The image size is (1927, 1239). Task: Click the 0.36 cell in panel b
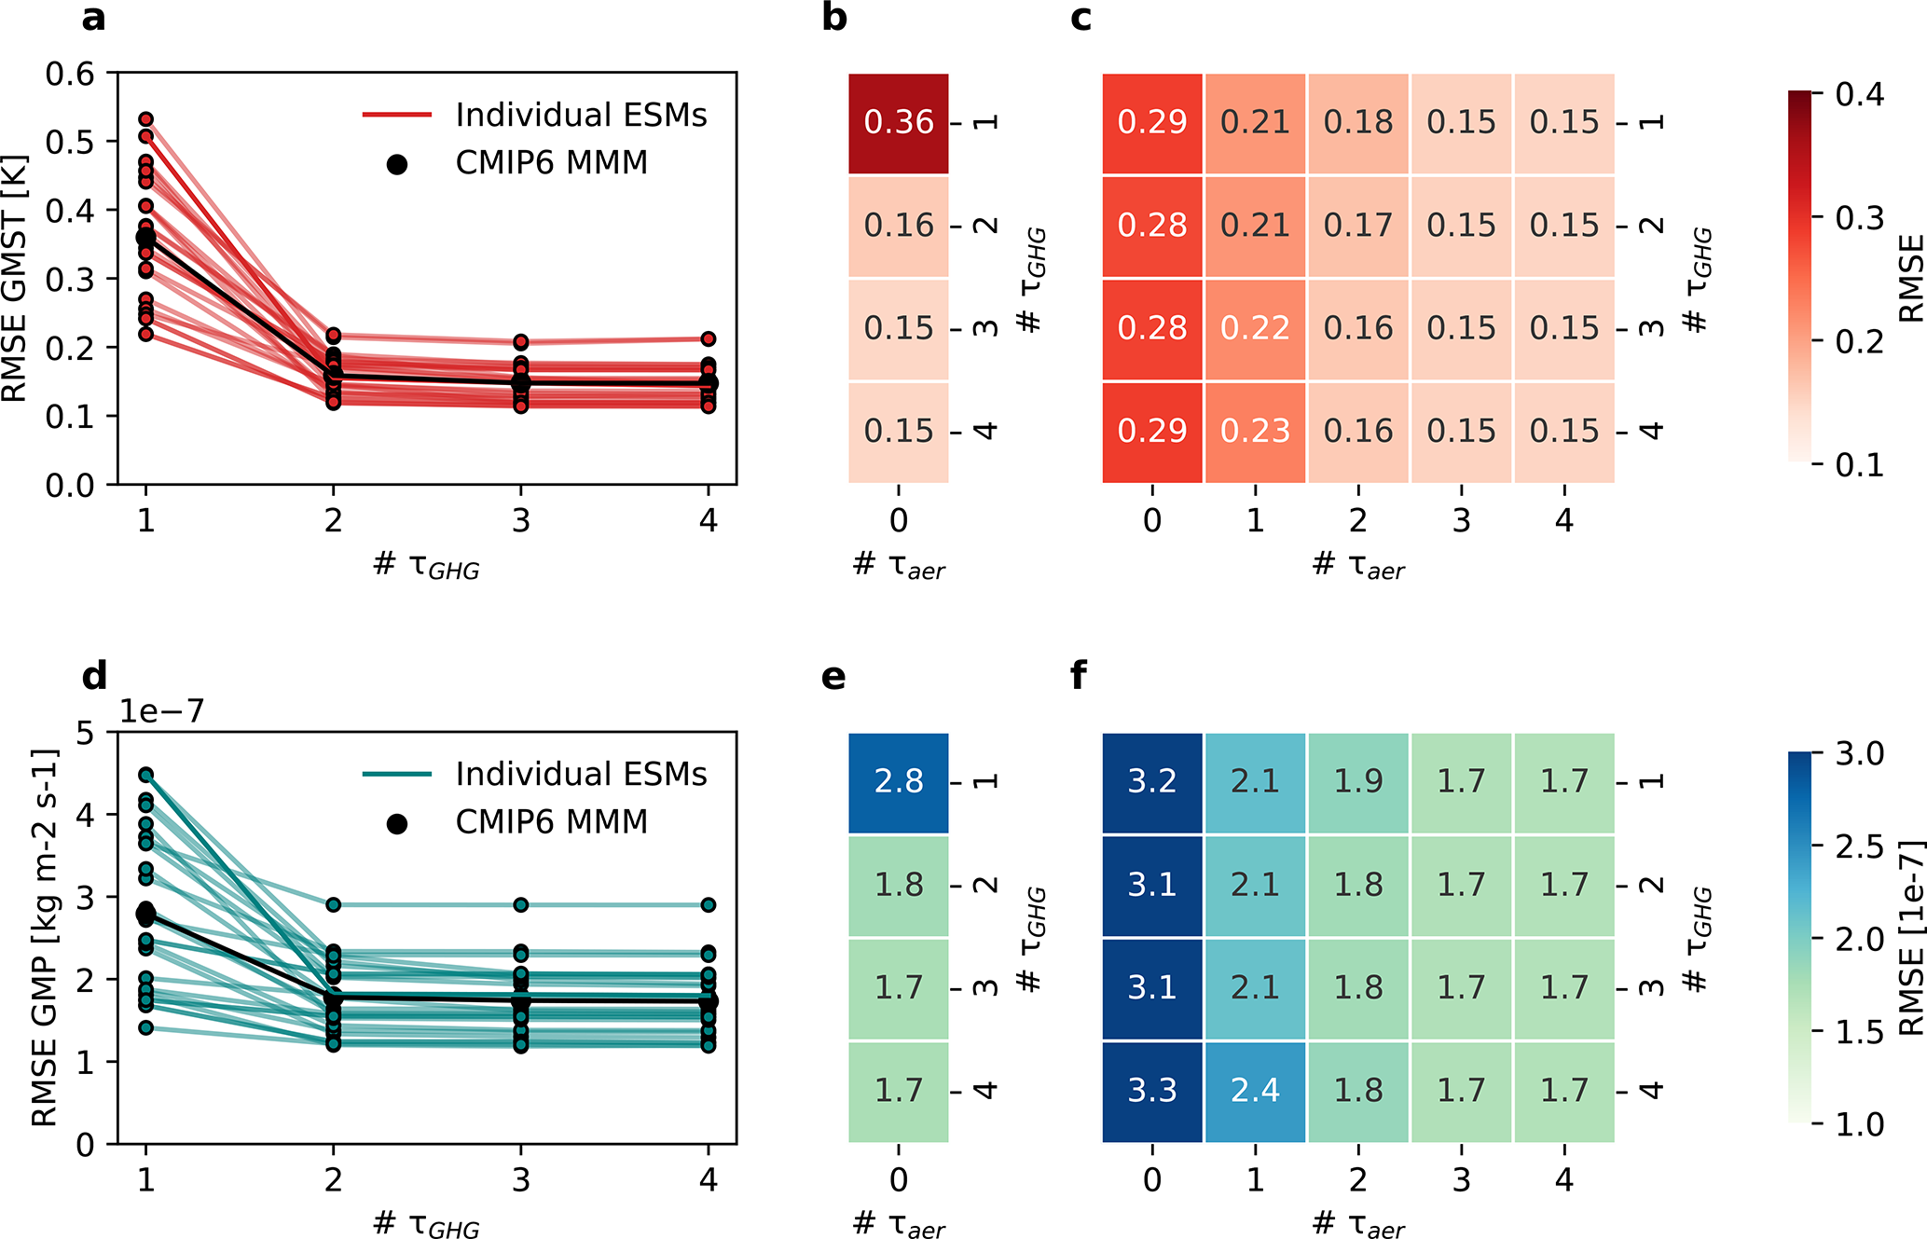pyautogui.click(x=898, y=122)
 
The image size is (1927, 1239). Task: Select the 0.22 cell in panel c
pyautogui.click(x=1255, y=328)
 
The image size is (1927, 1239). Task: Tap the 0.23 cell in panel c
pyautogui.click(x=1255, y=431)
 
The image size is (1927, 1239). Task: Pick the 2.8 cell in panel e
pyautogui.click(x=898, y=781)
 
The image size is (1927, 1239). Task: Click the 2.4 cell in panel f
pyautogui.click(x=1255, y=1090)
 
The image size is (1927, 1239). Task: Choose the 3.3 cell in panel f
pyautogui.click(x=1152, y=1090)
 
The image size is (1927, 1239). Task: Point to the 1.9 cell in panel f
pyautogui.click(x=1358, y=781)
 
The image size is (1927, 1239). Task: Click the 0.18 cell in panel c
pyautogui.click(x=1358, y=122)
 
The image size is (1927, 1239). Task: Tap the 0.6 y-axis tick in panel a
pyautogui.click(x=70, y=74)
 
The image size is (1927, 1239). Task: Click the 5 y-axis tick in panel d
pyautogui.click(x=86, y=733)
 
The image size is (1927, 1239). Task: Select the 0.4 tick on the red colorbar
pyautogui.click(x=1859, y=94)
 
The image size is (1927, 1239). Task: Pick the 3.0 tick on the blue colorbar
pyautogui.click(x=1859, y=753)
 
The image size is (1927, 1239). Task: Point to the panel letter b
pyautogui.click(x=834, y=17)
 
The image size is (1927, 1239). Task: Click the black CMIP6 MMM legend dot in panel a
pyautogui.click(x=397, y=164)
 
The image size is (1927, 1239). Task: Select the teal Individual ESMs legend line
pyautogui.click(x=397, y=774)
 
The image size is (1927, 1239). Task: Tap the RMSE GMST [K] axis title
pyautogui.click(x=15, y=279)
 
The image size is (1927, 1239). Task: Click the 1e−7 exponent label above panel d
pyautogui.click(x=161, y=711)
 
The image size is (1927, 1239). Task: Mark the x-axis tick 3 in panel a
pyautogui.click(x=521, y=520)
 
